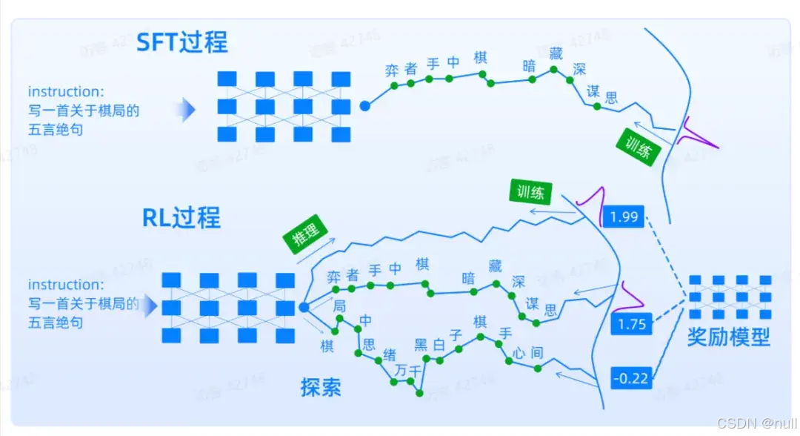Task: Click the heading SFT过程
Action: (182, 42)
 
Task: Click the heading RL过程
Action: (181, 218)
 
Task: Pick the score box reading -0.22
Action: (630, 378)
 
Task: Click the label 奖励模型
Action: (728, 337)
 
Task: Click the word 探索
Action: (321, 386)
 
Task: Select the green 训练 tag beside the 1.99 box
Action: (530, 193)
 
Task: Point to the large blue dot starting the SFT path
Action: (364, 107)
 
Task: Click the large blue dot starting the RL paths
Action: (304, 306)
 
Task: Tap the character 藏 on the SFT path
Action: (556, 53)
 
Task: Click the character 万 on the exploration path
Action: (401, 369)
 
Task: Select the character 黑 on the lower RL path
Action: (421, 343)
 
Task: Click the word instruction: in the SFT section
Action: (66, 92)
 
